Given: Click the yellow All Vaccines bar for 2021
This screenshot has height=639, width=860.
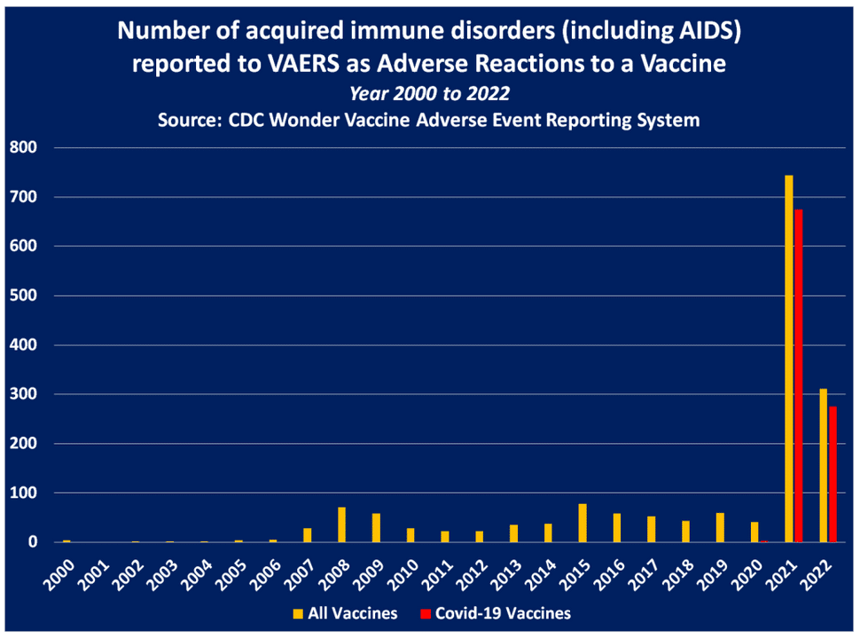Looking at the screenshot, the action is tap(789, 359).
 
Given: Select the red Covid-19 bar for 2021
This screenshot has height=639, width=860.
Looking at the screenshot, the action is tap(799, 375).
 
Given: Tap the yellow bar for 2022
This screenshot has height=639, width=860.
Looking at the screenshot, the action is tap(824, 466).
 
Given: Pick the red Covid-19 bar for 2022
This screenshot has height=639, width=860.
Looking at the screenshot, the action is tap(833, 474).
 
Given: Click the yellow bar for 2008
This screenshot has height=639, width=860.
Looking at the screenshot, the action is tap(341, 525).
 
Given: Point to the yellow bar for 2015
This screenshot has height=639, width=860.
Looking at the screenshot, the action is tap(582, 523).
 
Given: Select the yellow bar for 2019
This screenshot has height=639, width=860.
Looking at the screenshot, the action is tap(720, 527).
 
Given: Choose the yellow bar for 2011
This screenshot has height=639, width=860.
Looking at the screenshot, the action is tap(445, 536).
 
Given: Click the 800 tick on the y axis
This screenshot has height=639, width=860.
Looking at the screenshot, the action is tap(23, 147).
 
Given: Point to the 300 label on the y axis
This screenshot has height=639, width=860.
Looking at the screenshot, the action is tap(23, 394).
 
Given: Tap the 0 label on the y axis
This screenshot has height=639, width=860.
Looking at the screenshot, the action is tap(33, 542).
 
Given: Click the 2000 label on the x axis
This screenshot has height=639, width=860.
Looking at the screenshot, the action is tap(59, 574).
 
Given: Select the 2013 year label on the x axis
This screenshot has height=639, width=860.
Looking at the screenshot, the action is tap(506, 574).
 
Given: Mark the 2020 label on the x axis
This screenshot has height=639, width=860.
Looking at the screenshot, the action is tap(747, 574).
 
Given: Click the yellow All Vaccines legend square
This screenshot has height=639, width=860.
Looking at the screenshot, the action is tap(298, 614).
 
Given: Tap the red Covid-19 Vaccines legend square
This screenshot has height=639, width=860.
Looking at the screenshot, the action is tap(425, 614).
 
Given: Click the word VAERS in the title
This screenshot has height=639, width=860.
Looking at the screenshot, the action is tap(303, 64).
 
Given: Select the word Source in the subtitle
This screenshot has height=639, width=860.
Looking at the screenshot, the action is tap(189, 120).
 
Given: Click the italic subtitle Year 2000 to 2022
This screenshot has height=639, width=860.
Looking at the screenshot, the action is tap(430, 93).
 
